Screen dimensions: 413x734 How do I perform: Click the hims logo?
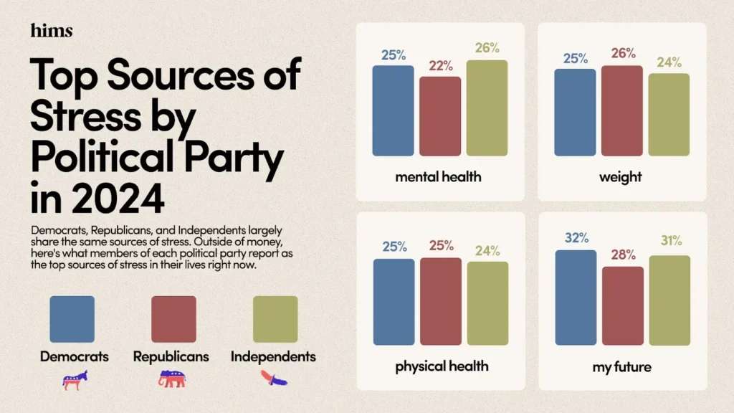(52, 30)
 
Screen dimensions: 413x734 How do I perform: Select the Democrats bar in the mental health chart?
(393, 110)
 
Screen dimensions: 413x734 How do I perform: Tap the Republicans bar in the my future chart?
(623, 305)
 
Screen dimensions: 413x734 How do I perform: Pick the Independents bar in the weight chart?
(669, 115)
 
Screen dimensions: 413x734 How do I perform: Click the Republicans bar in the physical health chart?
(441, 301)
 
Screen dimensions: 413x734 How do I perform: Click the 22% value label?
(441, 65)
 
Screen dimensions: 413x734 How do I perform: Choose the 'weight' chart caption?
(622, 176)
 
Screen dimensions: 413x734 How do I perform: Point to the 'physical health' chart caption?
(441, 366)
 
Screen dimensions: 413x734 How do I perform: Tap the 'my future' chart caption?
(622, 366)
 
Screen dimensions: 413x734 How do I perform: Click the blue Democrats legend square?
(72, 319)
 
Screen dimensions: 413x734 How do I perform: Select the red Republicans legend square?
(173, 319)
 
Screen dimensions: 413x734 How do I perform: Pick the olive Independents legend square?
(275, 319)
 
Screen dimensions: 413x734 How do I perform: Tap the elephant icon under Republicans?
(172, 381)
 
